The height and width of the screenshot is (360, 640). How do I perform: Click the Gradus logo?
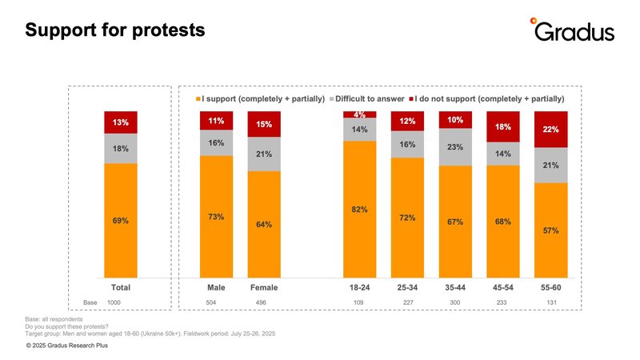(573, 30)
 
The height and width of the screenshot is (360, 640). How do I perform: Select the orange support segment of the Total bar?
(121, 220)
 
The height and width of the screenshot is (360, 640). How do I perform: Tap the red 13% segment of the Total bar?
(121, 122)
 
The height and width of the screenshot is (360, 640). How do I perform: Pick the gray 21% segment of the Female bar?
(264, 154)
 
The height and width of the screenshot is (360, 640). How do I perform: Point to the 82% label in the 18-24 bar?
(359, 210)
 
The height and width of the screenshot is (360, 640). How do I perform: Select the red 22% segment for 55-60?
(550, 129)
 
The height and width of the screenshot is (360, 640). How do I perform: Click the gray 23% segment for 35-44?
(455, 146)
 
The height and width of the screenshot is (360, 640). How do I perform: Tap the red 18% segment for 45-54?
(502, 126)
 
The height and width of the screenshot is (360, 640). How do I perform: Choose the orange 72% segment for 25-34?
(407, 218)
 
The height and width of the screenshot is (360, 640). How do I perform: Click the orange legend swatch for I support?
(198, 98)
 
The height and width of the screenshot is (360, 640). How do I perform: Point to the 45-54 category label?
(502, 286)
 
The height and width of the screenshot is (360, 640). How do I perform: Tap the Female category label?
(264, 286)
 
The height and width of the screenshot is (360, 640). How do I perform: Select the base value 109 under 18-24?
(359, 302)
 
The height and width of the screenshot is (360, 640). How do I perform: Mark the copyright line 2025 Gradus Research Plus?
(66, 346)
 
